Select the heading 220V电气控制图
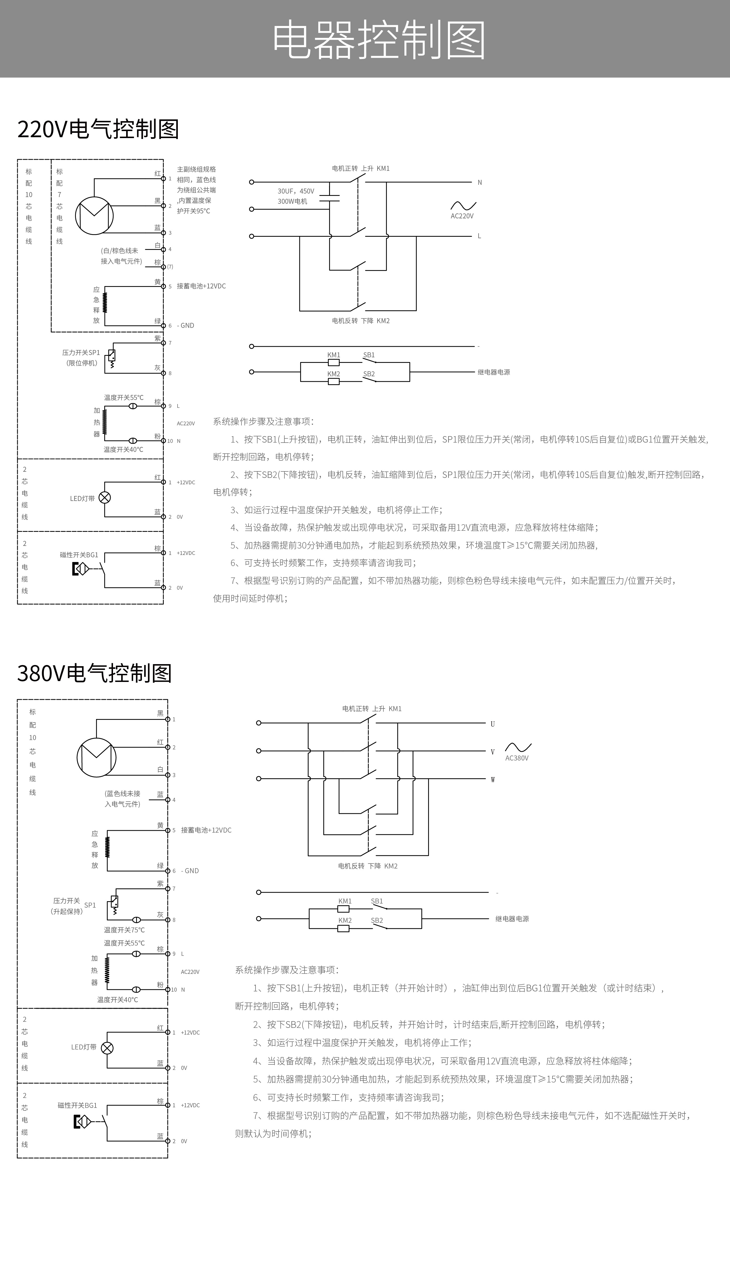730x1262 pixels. [x=98, y=129]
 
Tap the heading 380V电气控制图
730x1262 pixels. [x=95, y=673]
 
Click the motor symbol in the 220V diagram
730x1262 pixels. [x=94, y=216]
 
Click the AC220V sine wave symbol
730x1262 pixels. [x=463, y=205]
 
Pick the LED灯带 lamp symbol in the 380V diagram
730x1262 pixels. [x=107, y=1048]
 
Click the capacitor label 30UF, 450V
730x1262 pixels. [x=296, y=191]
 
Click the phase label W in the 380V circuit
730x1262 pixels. [x=493, y=780]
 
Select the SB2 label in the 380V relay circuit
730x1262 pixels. [x=377, y=920]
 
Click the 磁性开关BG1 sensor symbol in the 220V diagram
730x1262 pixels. [x=81, y=569]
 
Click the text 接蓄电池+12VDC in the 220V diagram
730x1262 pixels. [x=201, y=286]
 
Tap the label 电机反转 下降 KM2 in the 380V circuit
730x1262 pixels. [x=368, y=866]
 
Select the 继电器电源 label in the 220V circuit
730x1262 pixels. [x=494, y=372]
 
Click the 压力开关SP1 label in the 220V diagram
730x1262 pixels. [x=81, y=353]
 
